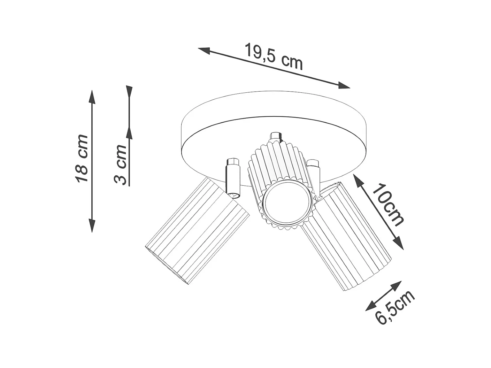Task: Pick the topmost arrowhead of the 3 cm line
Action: click(x=129, y=91)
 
